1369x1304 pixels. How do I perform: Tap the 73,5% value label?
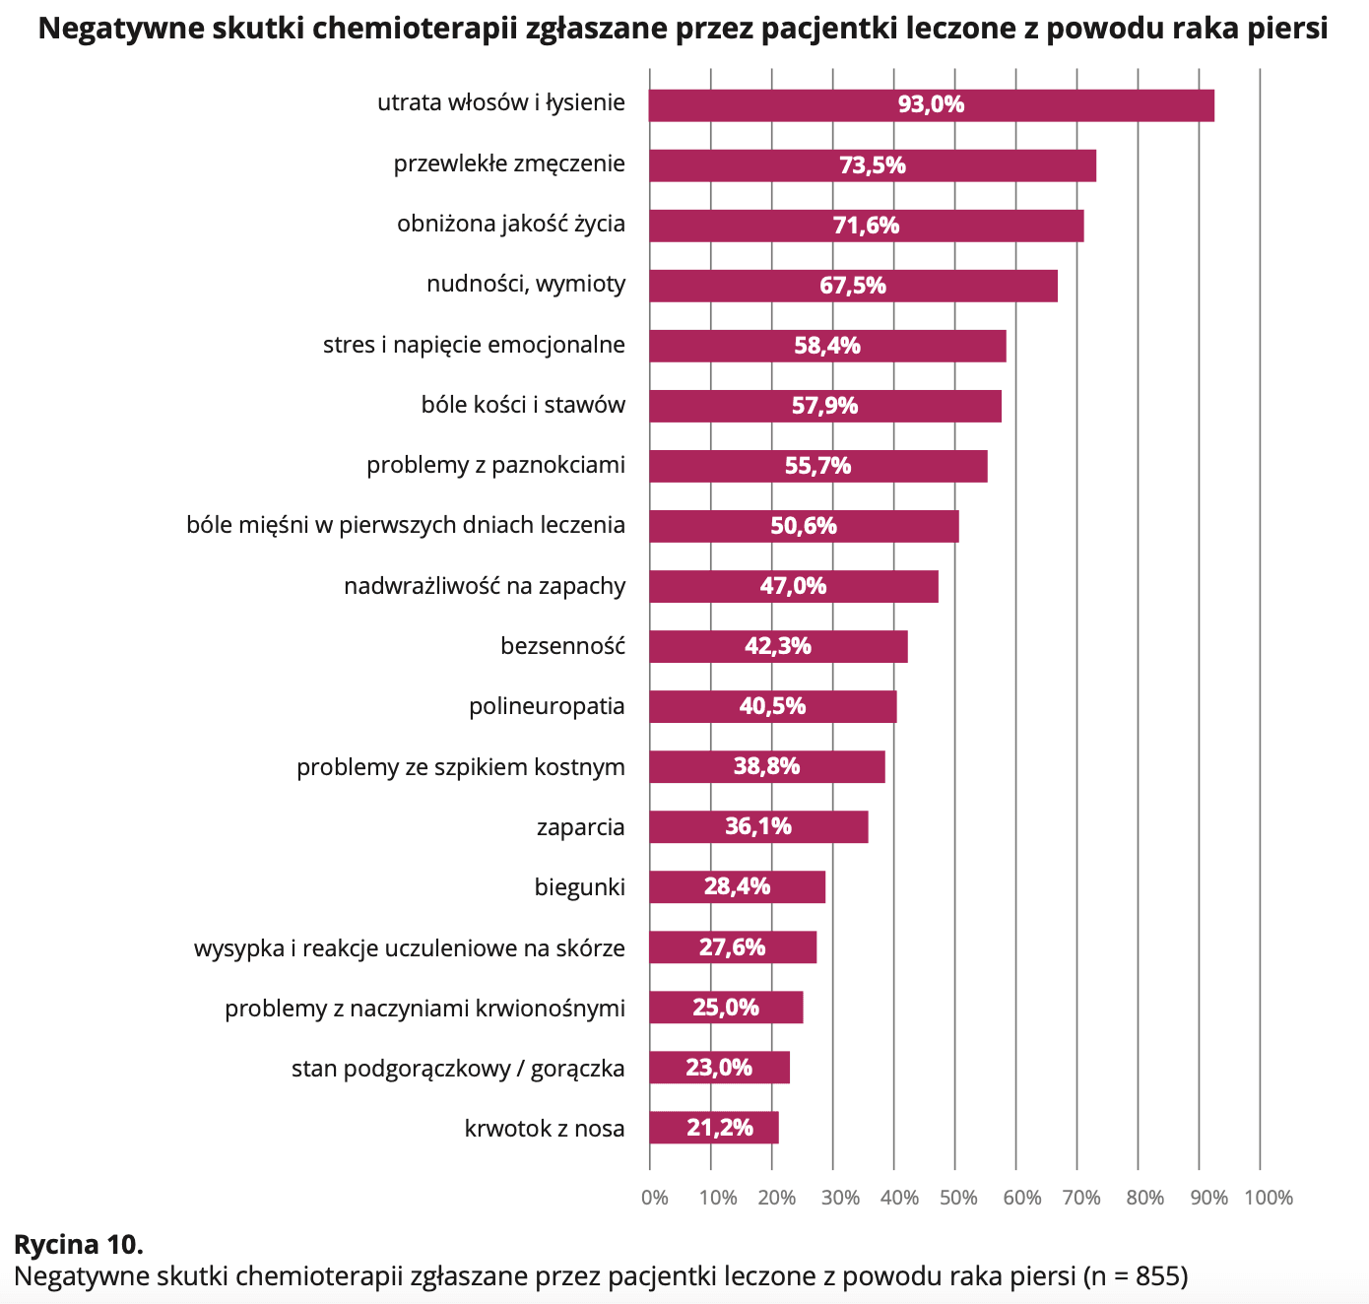tap(873, 165)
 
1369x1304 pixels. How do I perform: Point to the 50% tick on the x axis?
tap(958, 1198)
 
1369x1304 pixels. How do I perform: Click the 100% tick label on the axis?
tap(1269, 1198)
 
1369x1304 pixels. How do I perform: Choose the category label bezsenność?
tap(562, 646)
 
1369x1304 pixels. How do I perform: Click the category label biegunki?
tap(579, 886)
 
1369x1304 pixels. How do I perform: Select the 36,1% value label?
tap(758, 826)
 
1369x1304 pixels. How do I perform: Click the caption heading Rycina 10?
tap(79, 1244)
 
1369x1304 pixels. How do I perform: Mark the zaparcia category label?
tap(580, 826)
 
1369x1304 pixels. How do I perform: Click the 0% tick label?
tap(654, 1198)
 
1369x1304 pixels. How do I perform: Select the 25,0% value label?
tap(726, 1008)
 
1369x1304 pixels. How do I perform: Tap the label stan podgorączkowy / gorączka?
tap(458, 1068)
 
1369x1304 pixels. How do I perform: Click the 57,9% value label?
tap(825, 406)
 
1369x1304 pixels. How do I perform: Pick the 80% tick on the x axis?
tap(1144, 1198)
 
